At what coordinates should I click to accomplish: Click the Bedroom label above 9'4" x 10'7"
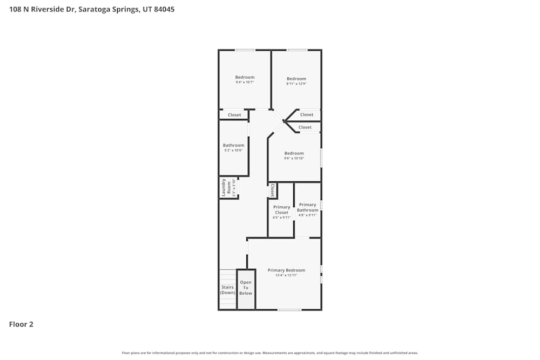245,77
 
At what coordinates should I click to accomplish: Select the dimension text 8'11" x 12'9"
296,84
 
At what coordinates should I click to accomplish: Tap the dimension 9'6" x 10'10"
294,158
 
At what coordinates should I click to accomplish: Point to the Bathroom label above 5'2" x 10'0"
234,145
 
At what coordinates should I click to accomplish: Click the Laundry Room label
226,187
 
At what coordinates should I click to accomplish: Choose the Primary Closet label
281,209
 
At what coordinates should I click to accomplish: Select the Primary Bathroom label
307,207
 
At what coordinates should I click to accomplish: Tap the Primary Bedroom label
286,270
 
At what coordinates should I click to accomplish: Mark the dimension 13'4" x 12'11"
286,275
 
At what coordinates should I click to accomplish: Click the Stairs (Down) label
227,290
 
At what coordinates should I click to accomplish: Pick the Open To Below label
246,288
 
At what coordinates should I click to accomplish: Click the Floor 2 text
21,324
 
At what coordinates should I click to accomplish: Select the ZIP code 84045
164,9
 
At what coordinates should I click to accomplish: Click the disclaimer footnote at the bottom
270,353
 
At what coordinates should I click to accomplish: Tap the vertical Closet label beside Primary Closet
272,190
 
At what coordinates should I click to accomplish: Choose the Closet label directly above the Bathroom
234,115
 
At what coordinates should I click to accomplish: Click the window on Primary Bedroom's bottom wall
289,310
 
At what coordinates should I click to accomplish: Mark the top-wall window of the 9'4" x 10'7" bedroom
245,50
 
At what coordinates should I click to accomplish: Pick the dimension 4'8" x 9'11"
307,215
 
